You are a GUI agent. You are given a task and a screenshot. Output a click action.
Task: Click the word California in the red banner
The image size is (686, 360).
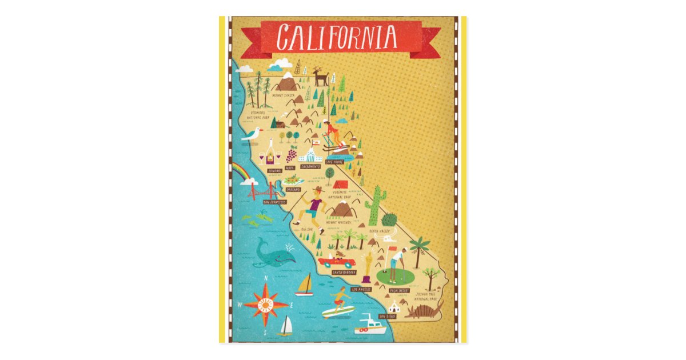pos(337,37)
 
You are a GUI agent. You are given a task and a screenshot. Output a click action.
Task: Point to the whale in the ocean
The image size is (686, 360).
pos(273,253)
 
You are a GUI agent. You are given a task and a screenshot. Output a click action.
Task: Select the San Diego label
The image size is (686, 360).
pos(403,315)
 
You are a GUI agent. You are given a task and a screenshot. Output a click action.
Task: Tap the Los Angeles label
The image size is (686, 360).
pos(361,289)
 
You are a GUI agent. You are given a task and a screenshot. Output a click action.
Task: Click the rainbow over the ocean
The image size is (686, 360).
pos(241,170)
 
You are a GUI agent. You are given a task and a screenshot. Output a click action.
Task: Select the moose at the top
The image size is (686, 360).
pos(320,77)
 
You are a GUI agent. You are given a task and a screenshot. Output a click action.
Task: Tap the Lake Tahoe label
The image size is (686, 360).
pos(333,162)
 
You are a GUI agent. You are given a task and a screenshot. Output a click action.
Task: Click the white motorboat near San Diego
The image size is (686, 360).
pos(372,326)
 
